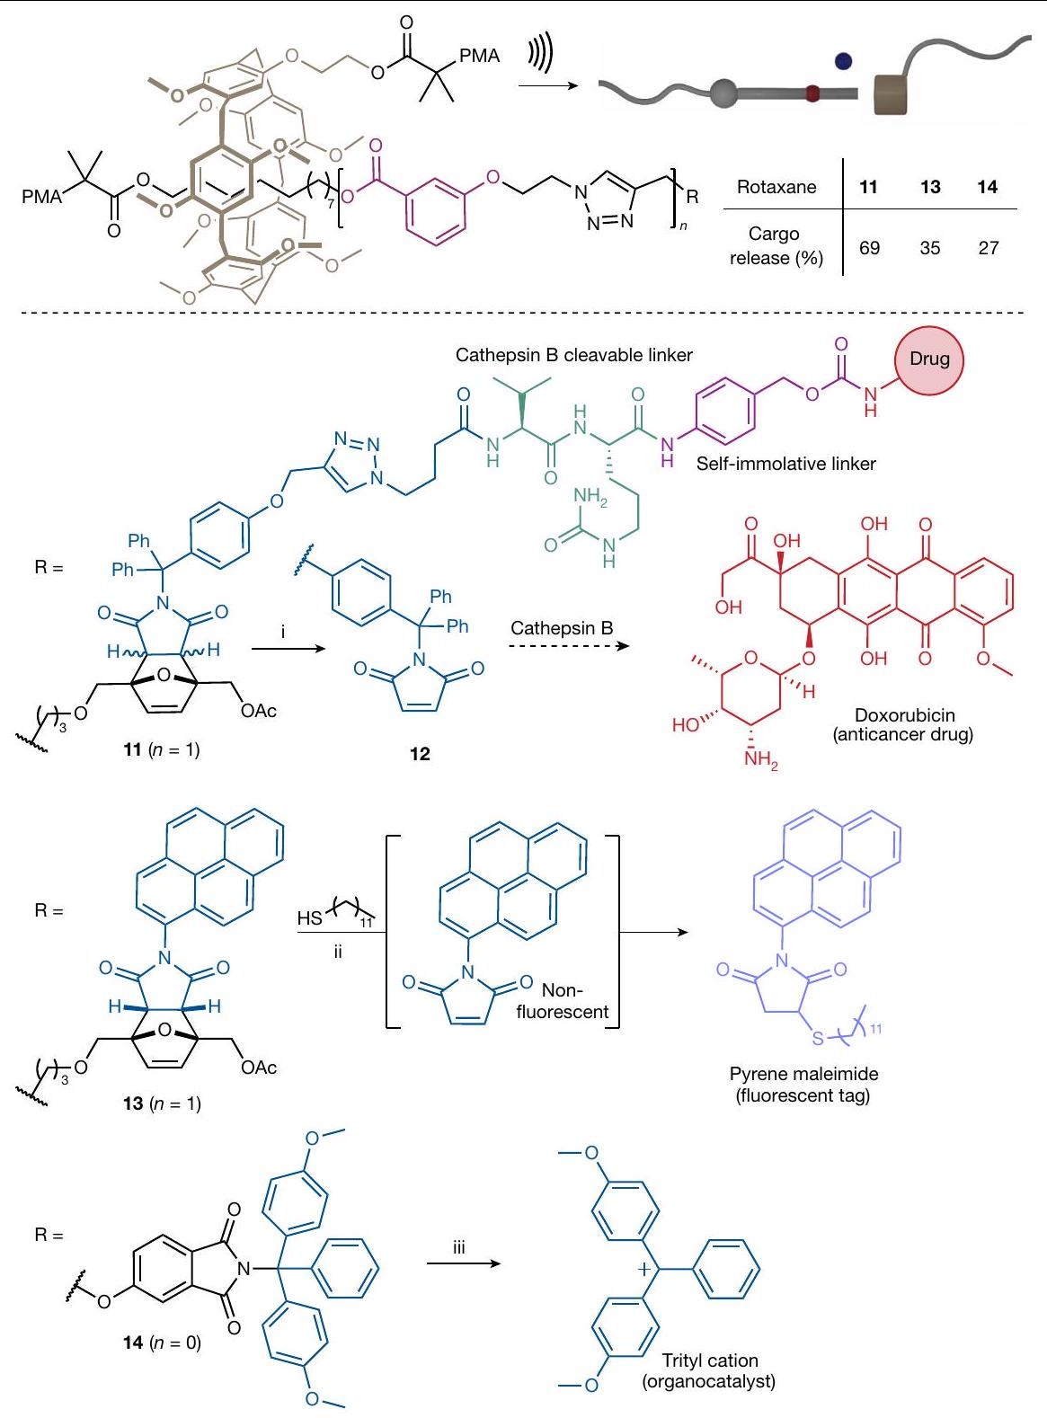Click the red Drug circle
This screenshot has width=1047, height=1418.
[x=929, y=359]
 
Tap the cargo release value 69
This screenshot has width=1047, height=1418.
[x=869, y=248]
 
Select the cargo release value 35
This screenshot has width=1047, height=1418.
[x=930, y=248]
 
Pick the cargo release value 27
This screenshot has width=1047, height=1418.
[x=988, y=248]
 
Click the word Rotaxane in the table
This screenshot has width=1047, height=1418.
[x=776, y=188]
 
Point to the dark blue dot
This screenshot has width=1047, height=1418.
[x=843, y=61]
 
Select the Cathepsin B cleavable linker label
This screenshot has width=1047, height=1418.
[x=573, y=355]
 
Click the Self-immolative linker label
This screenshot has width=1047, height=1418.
[x=785, y=465]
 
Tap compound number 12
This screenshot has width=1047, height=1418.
[x=420, y=754]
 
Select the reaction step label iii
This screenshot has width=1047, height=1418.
[x=459, y=1248]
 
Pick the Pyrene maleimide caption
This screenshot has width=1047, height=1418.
[x=803, y=1074]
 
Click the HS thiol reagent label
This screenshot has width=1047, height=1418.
[x=310, y=918]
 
